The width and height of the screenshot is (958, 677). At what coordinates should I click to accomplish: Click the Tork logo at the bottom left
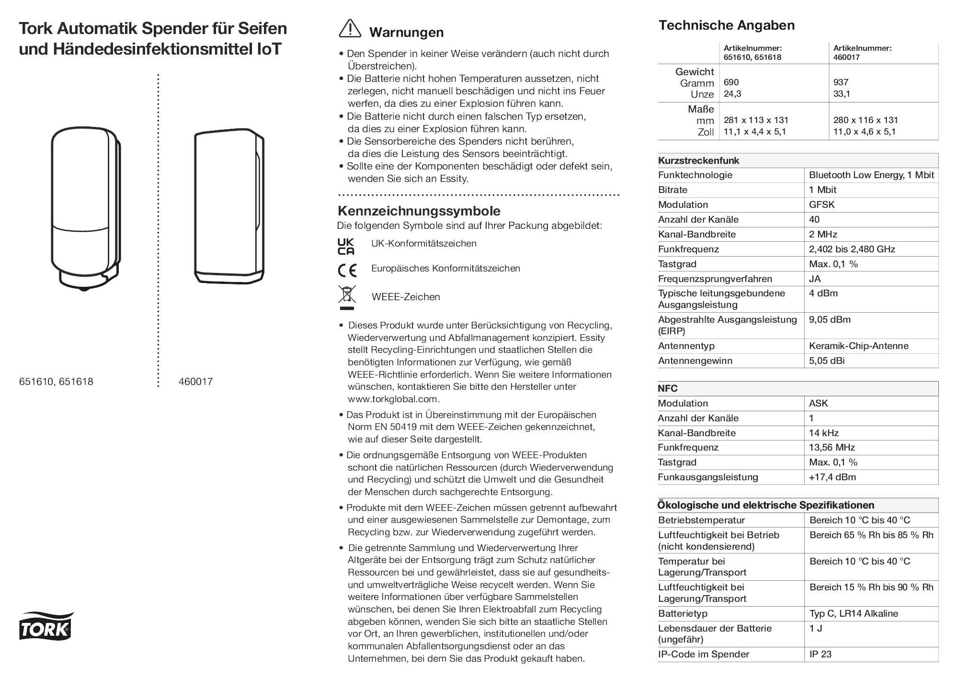[x=46, y=626]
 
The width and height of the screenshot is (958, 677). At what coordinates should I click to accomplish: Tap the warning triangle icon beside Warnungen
[x=350, y=29]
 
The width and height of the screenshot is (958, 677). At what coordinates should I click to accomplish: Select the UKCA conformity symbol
[x=346, y=246]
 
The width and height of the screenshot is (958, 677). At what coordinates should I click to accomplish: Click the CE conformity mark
[x=347, y=271]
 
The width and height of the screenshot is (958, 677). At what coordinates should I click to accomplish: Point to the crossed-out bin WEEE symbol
[x=347, y=297]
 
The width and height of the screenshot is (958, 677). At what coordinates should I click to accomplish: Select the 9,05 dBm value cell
[x=830, y=320]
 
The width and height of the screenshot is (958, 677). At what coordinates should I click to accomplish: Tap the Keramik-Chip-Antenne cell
[x=858, y=346]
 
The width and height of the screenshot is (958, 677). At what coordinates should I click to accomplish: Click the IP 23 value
[x=820, y=654]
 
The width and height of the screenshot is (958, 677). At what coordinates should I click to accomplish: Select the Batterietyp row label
[x=683, y=614]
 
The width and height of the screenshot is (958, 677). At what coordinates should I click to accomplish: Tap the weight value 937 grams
[x=841, y=83]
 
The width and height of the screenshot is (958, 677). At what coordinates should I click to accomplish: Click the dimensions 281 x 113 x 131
[x=756, y=121]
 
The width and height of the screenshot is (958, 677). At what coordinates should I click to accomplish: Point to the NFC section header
[x=668, y=389]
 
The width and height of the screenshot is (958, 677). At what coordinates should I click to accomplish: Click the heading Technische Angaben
[x=726, y=26]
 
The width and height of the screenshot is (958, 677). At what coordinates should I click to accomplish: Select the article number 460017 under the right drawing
[x=195, y=382]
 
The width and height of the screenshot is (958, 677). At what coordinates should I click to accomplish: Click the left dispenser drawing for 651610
[x=85, y=208]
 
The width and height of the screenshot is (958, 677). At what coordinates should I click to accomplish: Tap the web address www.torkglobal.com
[x=393, y=399]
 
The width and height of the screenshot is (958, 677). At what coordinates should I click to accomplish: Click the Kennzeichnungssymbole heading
[x=419, y=211]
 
